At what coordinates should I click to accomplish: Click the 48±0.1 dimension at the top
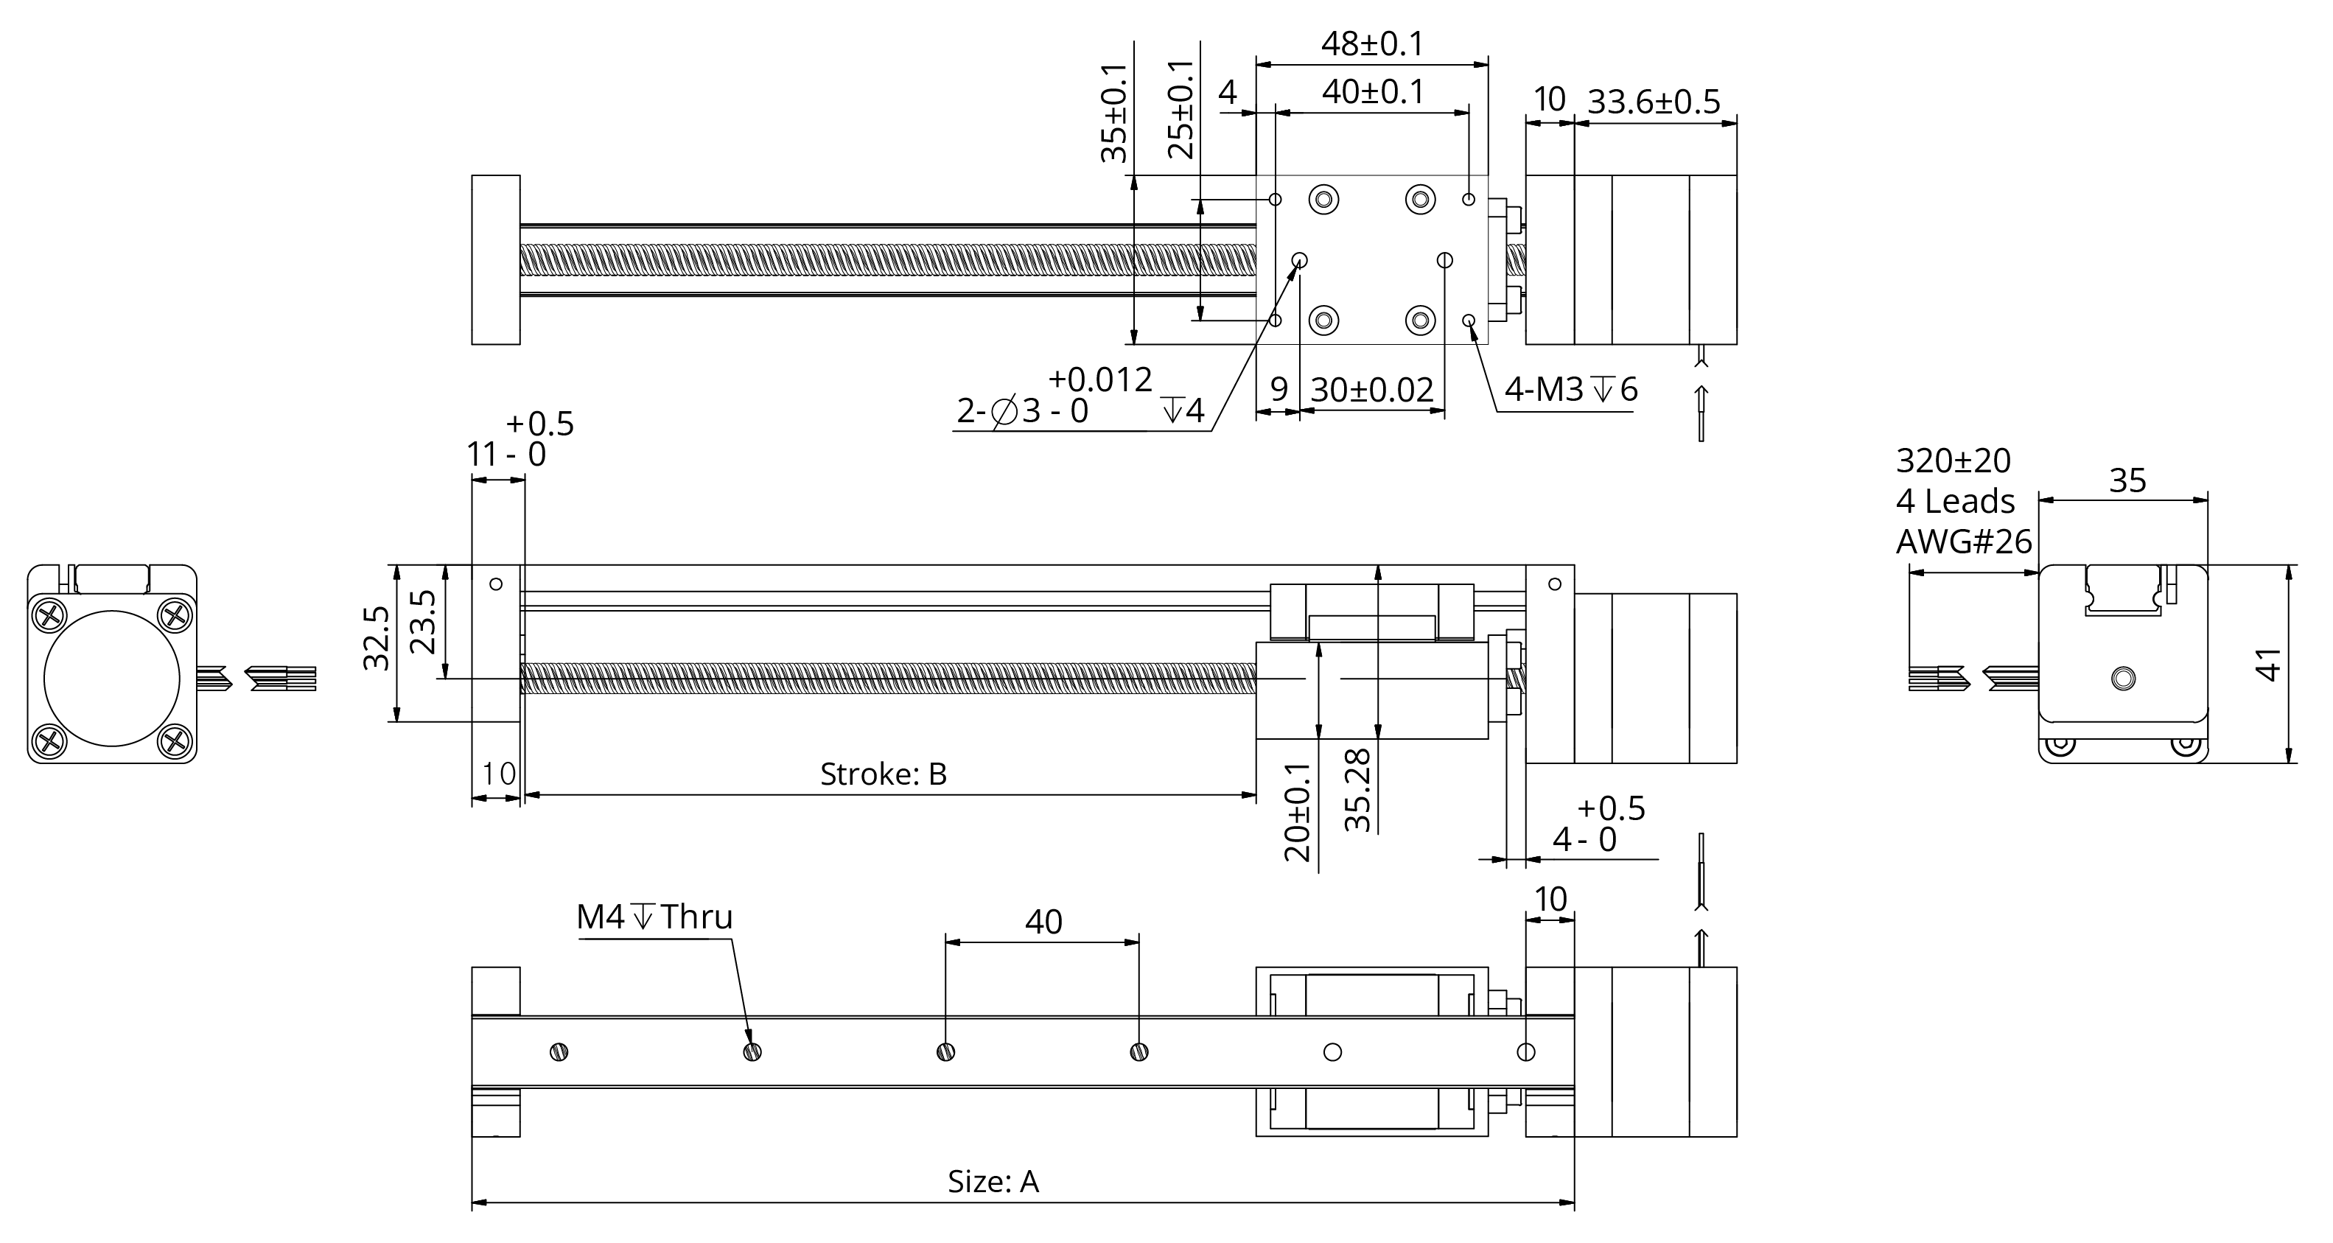(x=1371, y=43)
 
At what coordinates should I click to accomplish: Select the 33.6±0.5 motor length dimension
(x=1653, y=102)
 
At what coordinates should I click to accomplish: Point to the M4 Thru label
(x=654, y=917)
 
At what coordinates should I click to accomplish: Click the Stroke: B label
(x=883, y=774)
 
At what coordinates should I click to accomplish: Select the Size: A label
(x=993, y=1181)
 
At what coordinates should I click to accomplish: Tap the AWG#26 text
(x=1964, y=542)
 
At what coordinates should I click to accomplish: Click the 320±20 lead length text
(x=1953, y=461)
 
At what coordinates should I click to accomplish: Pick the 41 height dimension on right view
(x=2267, y=665)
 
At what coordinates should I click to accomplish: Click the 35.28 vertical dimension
(x=1357, y=789)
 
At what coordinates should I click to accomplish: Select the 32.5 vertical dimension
(x=376, y=639)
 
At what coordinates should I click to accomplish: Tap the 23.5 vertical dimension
(x=423, y=622)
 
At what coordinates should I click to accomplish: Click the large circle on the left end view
(x=111, y=678)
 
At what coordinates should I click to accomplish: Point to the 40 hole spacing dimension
(x=1043, y=922)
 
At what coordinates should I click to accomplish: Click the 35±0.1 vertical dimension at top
(x=1114, y=113)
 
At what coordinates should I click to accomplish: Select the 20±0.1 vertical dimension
(x=1298, y=812)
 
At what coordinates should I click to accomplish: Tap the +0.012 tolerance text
(x=1099, y=379)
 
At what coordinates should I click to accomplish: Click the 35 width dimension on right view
(x=2127, y=480)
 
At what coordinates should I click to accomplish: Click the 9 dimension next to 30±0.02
(x=1278, y=389)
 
